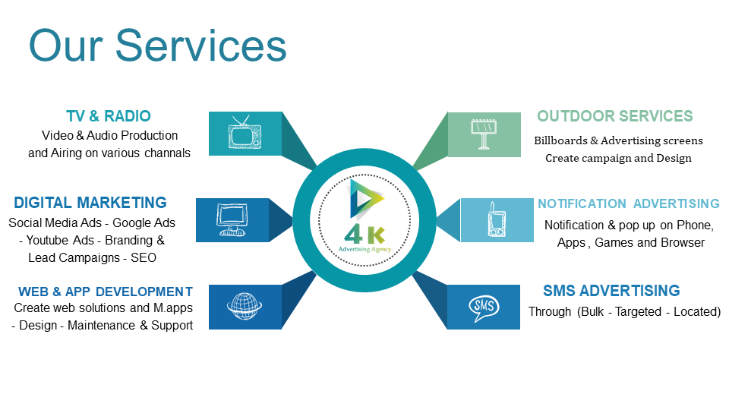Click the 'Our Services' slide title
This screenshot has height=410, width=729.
click(x=158, y=45)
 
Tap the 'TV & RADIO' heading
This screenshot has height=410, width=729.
click(x=109, y=115)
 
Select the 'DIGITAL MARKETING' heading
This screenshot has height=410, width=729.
click(x=90, y=203)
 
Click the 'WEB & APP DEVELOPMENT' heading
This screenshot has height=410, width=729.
click(x=106, y=292)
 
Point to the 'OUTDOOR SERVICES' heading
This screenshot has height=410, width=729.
click(x=614, y=115)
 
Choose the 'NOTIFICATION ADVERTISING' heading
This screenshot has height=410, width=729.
click(x=629, y=203)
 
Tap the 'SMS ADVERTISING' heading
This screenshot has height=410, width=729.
click(x=611, y=291)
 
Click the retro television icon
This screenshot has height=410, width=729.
click(x=245, y=132)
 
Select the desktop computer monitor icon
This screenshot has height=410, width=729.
click(x=232, y=220)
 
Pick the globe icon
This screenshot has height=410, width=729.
click(x=245, y=306)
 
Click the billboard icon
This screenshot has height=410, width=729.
click(x=484, y=134)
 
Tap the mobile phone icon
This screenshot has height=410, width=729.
click(x=496, y=219)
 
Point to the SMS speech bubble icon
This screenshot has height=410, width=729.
click(x=484, y=307)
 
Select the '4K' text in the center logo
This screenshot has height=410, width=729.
click(x=365, y=235)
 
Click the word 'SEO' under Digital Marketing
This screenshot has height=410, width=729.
click(x=144, y=257)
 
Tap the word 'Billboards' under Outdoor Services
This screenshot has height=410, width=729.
click(x=560, y=140)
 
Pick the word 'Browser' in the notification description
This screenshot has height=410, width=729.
click(x=685, y=243)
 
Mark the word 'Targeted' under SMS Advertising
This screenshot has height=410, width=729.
click(x=638, y=311)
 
